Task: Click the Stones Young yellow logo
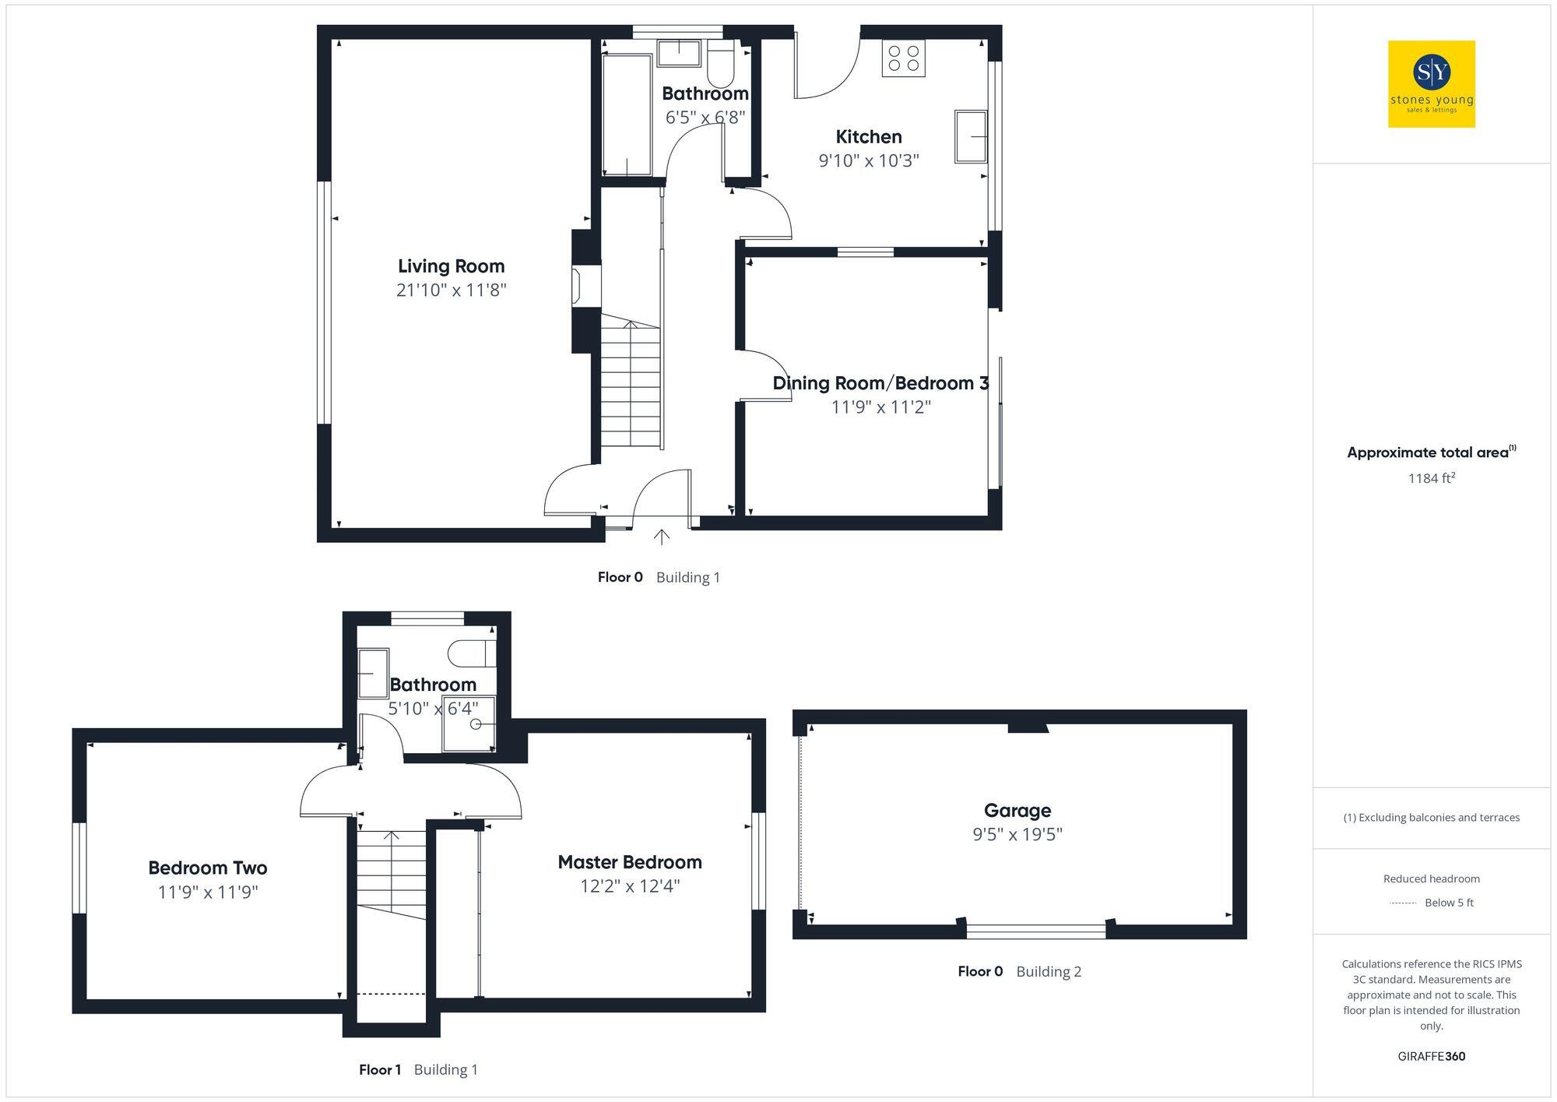coord(1431,84)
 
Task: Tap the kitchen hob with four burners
coord(903,58)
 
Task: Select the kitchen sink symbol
coord(971,136)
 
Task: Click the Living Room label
coord(451,266)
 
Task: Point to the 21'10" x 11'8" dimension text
coord(451,290)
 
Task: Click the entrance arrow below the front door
coord(661,537)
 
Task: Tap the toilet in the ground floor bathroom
coord(721,66)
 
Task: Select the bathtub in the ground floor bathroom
coord(627,114)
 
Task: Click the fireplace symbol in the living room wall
coord(577,285)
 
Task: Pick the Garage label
coord(1017,811)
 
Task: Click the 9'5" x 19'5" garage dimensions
coord(1017,835)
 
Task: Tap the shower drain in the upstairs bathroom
coord(475,724)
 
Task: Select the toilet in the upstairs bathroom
coord(472,653)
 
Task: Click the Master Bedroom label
coord(629,862)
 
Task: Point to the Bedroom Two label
coord(207,868)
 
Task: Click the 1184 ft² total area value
coord(1431,478)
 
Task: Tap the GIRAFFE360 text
coord(1431,1057)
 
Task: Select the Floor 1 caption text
coord(380,1070)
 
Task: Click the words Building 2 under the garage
coord(1048,972)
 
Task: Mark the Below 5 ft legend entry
coord(1448,903)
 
